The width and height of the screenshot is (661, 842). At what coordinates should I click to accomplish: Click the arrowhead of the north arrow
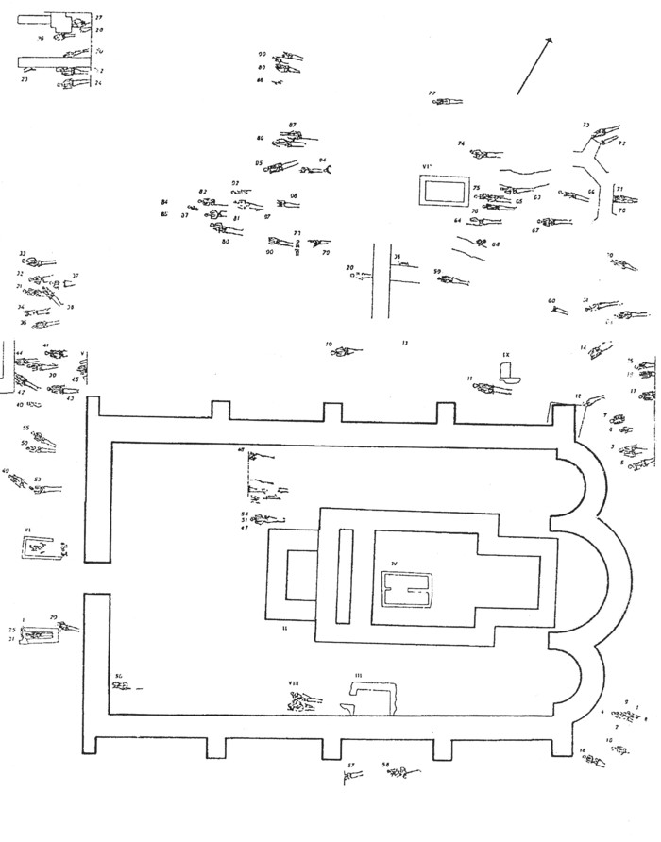click(548, 40)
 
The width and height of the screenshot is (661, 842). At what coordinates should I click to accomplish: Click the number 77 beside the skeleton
click(432, 93)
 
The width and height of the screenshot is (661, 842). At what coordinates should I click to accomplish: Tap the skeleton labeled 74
click(483, 154)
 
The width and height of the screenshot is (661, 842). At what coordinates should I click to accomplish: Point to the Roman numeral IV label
click(396, 564)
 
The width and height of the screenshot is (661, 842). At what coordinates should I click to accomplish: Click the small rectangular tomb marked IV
click(405, 590)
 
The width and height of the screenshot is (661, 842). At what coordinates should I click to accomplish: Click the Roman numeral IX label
click(506, 355)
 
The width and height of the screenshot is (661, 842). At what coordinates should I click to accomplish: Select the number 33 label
click(23, 254)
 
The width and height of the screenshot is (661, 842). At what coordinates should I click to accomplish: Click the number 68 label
click(495, 245)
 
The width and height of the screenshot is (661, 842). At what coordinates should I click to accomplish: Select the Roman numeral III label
click(359, 676)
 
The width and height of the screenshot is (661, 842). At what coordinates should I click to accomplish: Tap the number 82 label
click(202, 192)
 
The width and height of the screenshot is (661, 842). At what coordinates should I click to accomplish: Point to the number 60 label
click(551, 301)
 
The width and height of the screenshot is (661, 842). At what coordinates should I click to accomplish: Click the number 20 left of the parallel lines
click(349, 268)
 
